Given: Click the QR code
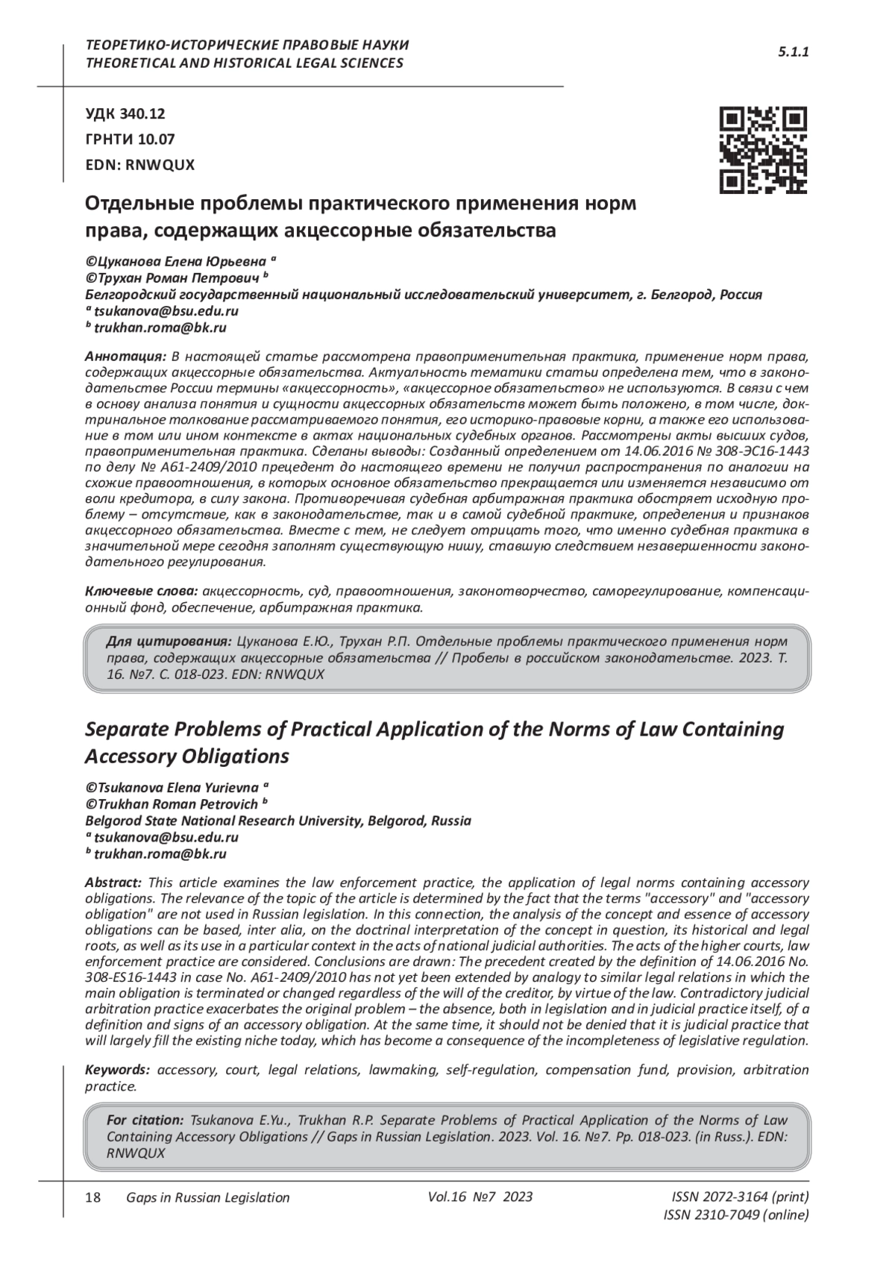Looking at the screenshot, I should (762, 150).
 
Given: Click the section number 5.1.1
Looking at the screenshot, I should (794, 52).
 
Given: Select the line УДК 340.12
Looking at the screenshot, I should (125, 114).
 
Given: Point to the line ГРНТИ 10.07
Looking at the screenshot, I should (130, 139).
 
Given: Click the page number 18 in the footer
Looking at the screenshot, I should (94, 1197).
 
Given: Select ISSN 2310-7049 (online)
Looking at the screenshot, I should (735, 1215).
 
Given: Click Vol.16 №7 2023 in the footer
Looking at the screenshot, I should (480, 1197).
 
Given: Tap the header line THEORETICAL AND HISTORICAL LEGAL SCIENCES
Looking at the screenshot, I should (245, 63).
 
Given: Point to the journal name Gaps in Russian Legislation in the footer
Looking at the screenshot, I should (208, 1197).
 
